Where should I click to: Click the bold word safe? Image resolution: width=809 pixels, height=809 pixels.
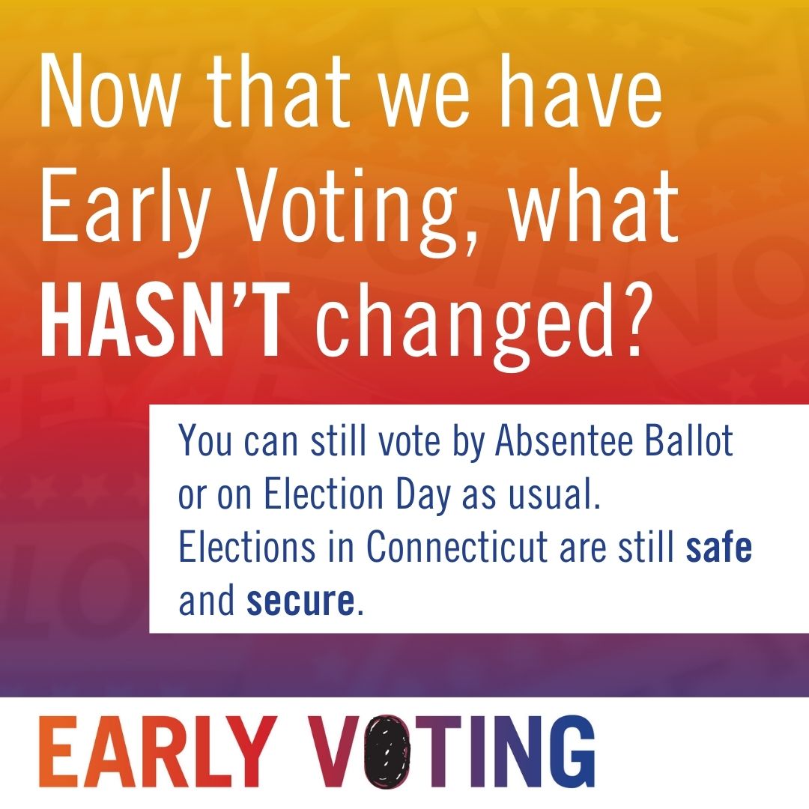point(718,549)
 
